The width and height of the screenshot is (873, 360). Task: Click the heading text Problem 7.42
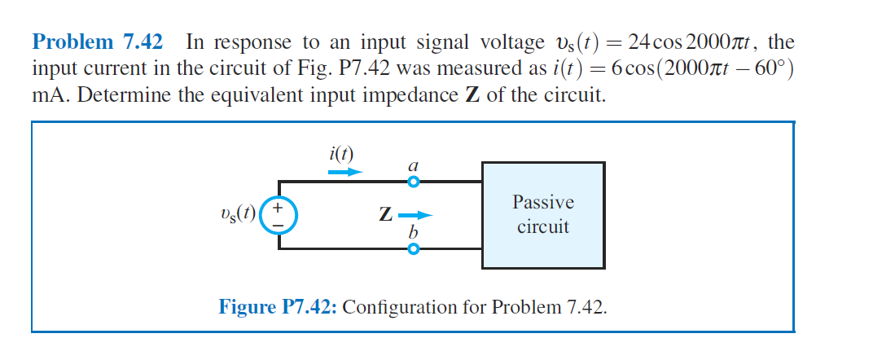pos(96,42)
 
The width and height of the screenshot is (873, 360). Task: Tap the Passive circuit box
pos(543,215)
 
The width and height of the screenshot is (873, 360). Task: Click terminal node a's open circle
pos(413,182)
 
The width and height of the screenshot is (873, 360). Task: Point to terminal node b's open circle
pos(413,249)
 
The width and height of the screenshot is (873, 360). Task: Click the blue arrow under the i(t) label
pos(343,172)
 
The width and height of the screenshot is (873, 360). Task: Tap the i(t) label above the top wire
pos(341,153)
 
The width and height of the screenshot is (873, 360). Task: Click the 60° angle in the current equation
pos(768,68)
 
